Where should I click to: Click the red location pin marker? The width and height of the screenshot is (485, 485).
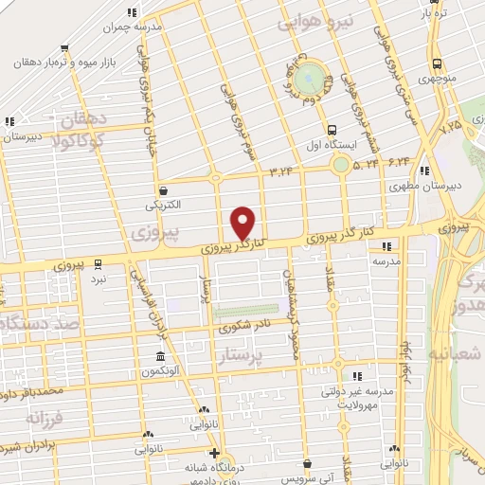click(x=244, y=222)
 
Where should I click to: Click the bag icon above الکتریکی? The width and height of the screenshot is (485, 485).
click(x=164, y=189)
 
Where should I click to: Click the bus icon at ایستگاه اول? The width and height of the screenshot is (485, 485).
click(x=331, y=131)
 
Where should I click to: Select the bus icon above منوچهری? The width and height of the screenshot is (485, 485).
click(x=435, y=64)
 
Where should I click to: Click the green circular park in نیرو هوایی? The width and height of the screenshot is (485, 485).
click(x=308, y=81)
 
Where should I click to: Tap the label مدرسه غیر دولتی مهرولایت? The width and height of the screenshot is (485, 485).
click(x=356, y=393)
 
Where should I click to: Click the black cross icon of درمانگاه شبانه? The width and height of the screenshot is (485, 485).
click(x=215, y=452)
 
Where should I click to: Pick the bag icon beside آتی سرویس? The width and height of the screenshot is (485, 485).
click(x=309, y=464)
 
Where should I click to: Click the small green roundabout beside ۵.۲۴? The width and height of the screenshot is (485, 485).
click(x=339, y=166)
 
